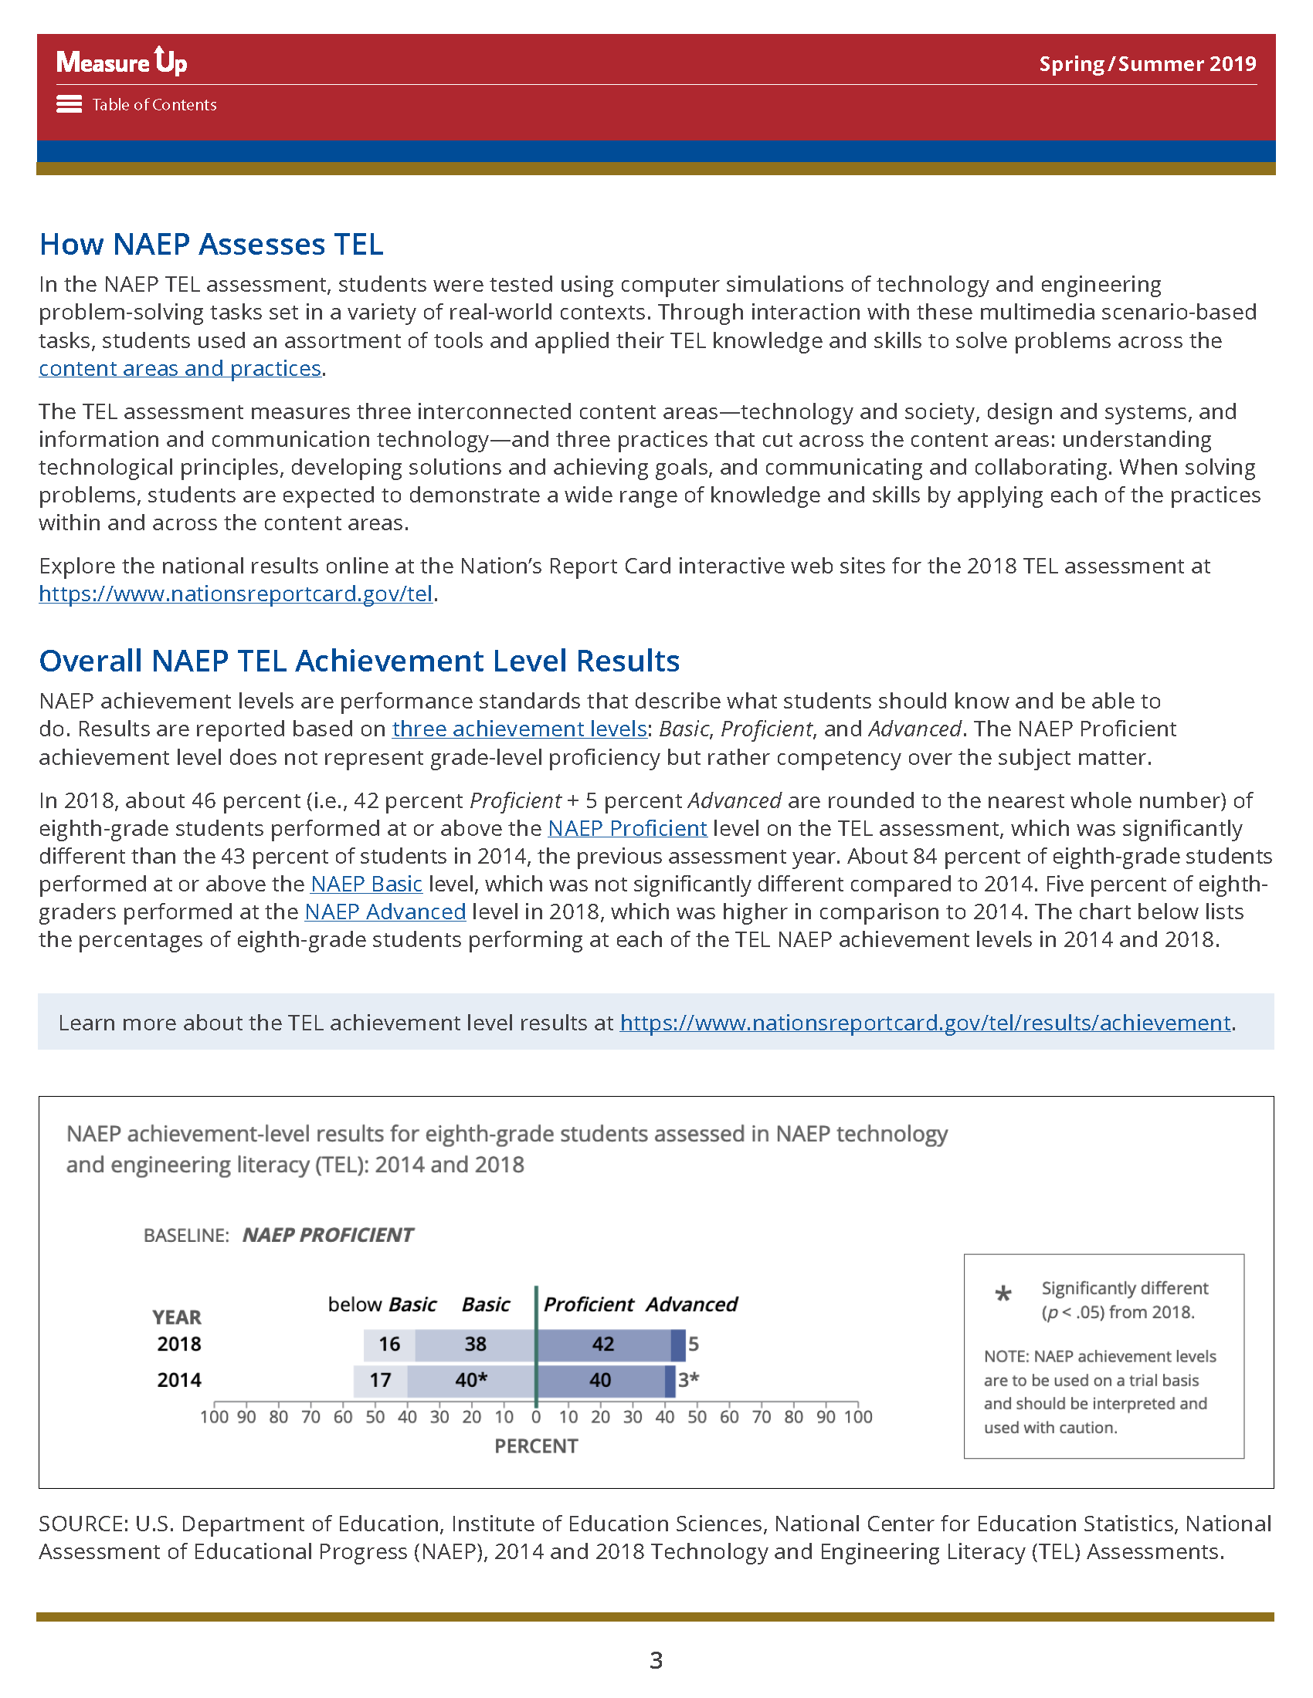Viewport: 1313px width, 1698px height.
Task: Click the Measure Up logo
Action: pos(121,61)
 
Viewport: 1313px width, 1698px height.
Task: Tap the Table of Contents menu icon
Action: pos(70,104)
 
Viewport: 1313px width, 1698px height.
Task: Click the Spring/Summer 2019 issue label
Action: pos(1147,64)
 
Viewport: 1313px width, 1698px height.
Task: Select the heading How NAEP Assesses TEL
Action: pos(211,244)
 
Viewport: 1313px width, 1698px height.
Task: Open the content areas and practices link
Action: pos(180,368)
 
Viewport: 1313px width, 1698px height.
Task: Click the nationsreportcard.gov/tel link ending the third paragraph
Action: pos(236,594)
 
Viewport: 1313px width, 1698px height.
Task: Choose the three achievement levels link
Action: pos(519,729)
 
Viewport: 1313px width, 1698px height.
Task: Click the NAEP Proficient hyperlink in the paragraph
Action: pos(627,829)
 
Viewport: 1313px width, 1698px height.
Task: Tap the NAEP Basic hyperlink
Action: pos(365,885)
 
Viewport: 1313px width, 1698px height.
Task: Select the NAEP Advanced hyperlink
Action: pos(385,912)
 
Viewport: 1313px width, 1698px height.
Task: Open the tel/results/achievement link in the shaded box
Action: pos(925,1023)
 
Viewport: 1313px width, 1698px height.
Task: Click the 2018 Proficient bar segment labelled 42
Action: pos(603,1345)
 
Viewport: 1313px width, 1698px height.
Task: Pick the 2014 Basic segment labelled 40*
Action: pos(470,1380)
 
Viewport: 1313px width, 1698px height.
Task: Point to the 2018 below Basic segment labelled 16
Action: pos(389,1345)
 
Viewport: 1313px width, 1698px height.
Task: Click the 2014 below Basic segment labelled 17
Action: pos(379,1380)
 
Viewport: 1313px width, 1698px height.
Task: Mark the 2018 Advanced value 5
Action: pos(693,1345)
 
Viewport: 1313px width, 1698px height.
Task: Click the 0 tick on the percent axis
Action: pos(536,1416)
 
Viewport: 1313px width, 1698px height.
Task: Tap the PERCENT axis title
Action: pos(536,1446)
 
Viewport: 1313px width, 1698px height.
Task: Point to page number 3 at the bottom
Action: pos(656,1661)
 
